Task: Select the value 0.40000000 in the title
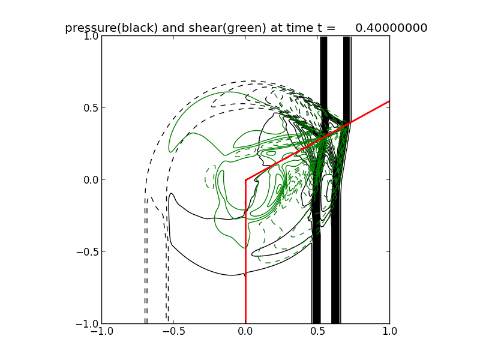(x=391, y=28)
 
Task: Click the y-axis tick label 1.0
(x=89, y=36)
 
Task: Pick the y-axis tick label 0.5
(x=89, y=108)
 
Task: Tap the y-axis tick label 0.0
(x=89, y=180)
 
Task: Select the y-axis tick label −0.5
(x=87, y=252)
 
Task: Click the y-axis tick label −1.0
(x=87, y=324)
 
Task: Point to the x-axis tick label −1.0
(x=101, y=332)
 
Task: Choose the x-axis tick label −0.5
(x=173, y=332)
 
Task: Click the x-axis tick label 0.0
(x=245, y=332)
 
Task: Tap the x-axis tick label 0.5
(x=317, y=332)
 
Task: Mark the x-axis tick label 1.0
(x=389, y=332)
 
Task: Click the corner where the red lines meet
(x=245, y=179)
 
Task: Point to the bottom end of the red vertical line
(x=245, y=323)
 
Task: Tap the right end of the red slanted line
(x=389, y=101)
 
